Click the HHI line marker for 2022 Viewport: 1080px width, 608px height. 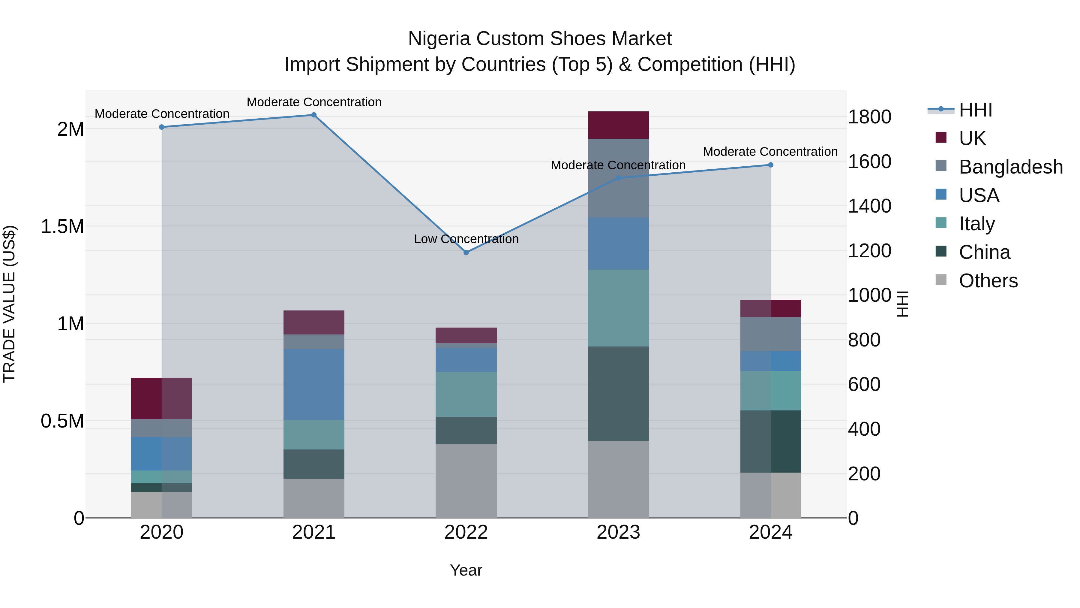pos(466,252)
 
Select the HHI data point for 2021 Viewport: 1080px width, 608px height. pos(313,115)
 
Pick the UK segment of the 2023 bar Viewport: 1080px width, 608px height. pos(618,125)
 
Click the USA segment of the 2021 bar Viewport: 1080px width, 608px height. pos(313,384)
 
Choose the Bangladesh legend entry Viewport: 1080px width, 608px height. pos(1010,167)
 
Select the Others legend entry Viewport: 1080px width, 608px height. pos(988,280)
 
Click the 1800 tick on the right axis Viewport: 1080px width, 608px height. pos(869,117)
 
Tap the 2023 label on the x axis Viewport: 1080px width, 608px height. pos(618,532)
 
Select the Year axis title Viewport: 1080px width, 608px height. pos(466,570)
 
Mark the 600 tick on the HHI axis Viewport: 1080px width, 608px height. pos(864,384)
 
